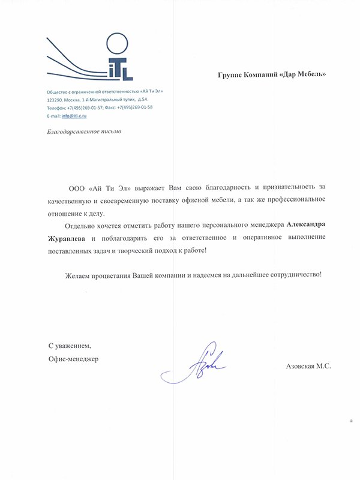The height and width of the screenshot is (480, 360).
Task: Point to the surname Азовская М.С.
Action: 309,365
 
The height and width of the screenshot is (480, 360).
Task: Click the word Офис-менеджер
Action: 73,359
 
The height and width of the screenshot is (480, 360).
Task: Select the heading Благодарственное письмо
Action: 79,131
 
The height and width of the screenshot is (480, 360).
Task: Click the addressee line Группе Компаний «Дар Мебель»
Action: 273,75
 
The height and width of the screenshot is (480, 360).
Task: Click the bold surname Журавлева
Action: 68,238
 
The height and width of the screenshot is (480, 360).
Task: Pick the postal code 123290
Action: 56,98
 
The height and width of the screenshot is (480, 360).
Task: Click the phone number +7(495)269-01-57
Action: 86,107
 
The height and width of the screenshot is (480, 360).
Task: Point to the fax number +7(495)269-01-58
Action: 134,107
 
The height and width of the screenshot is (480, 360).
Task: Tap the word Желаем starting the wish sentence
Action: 79,275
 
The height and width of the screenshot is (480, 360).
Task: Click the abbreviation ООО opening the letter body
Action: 77,187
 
